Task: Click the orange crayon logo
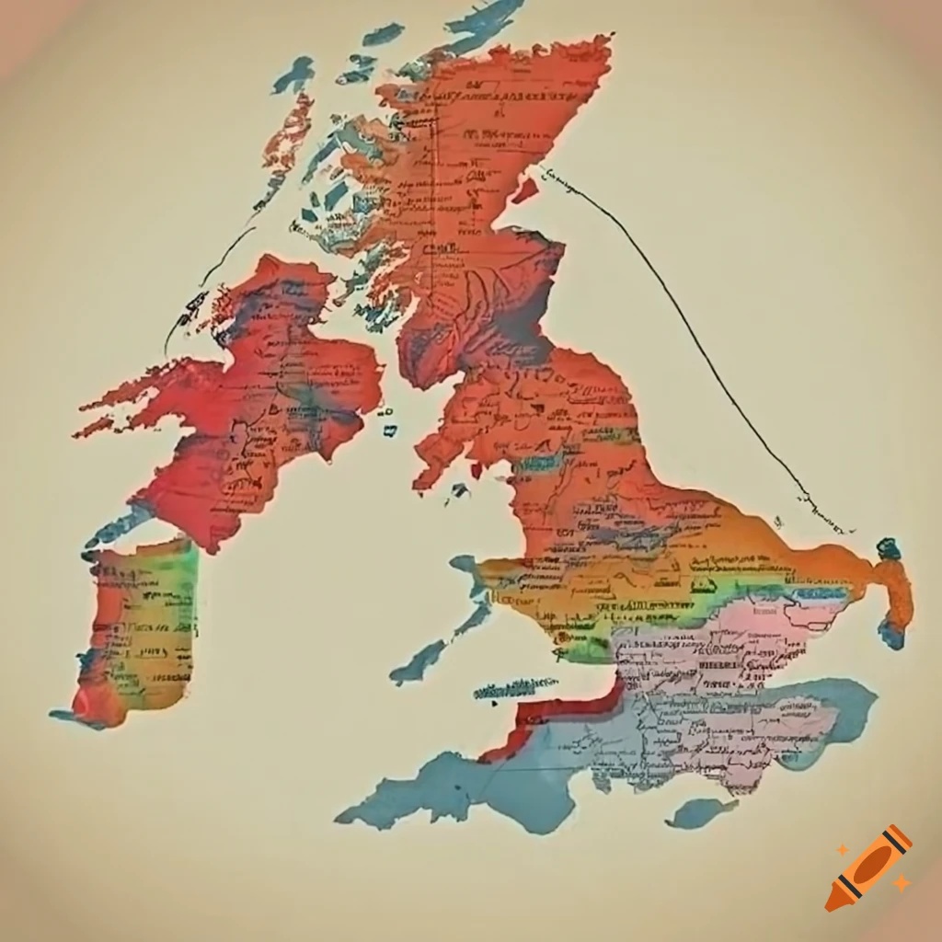(869, 867)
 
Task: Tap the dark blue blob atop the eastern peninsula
(889, 549)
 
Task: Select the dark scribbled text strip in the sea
(515, 687)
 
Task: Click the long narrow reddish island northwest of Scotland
(285, 138)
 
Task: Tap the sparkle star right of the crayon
(902, 883)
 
